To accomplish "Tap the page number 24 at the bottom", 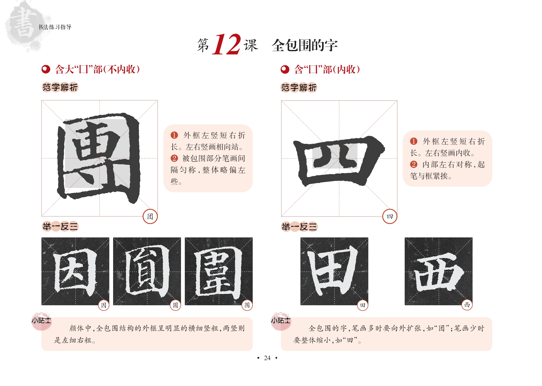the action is (x=267, y=358).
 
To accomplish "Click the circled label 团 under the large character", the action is (x=150, y=216).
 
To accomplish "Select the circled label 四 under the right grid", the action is (x=390, y=216).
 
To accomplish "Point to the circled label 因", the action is (x=104, y=305).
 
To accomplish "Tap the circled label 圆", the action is (x=175, y=305).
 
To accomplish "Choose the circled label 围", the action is (x=247, y=305).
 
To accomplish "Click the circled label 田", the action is (x=363, y=305).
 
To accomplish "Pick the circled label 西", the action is (x=467, y=305).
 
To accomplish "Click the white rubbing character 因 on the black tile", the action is (x=75, y=271).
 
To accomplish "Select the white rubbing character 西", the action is (x=439, y=272).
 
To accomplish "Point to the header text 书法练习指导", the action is (x=55, y=27).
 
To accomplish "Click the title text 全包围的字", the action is (x=304, y=45).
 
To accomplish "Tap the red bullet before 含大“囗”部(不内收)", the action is (x=46, y=69).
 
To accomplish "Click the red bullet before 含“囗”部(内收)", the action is (x=285, y=69).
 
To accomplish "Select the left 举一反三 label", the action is (x=60, y=226).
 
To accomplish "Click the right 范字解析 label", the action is (x=299, y=88).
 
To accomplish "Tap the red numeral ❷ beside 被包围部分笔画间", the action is (x=174, y=158).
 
